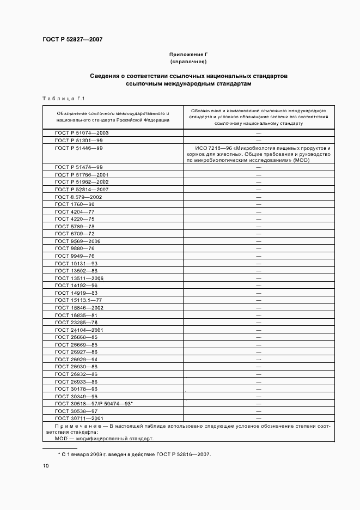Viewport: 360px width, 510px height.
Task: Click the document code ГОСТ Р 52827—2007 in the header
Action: coord(72,40)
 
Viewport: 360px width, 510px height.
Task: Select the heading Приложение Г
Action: coord(188,55)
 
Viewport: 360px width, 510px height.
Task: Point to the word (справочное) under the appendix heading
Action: coord(188,62)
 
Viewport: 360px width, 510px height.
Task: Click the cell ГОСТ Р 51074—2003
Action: coord(82,133)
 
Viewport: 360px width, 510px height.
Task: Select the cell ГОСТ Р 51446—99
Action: coord(79,148)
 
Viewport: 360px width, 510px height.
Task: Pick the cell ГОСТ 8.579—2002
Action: coord(78,197)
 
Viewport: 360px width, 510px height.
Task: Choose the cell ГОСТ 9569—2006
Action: coord(78,241)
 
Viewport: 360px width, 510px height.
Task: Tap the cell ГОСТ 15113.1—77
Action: coord(78,300)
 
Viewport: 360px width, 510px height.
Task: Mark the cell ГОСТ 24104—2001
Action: coord(80,330)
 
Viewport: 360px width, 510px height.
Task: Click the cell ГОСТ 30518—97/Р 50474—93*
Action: coord(94,404)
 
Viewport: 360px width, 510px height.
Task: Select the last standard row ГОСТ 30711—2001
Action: coord(80,418)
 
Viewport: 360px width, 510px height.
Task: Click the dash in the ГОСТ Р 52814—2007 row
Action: coord(259,190)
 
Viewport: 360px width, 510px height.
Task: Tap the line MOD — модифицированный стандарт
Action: coord(104,438)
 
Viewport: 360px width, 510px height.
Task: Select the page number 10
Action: coord(46,466)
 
